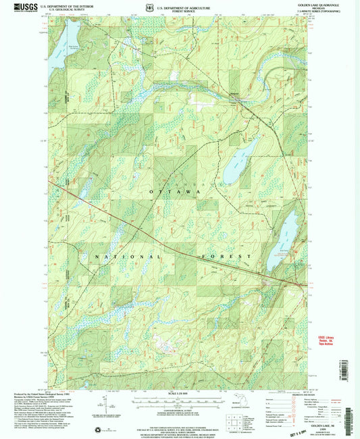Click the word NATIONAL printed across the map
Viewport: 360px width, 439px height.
pos(126,257)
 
